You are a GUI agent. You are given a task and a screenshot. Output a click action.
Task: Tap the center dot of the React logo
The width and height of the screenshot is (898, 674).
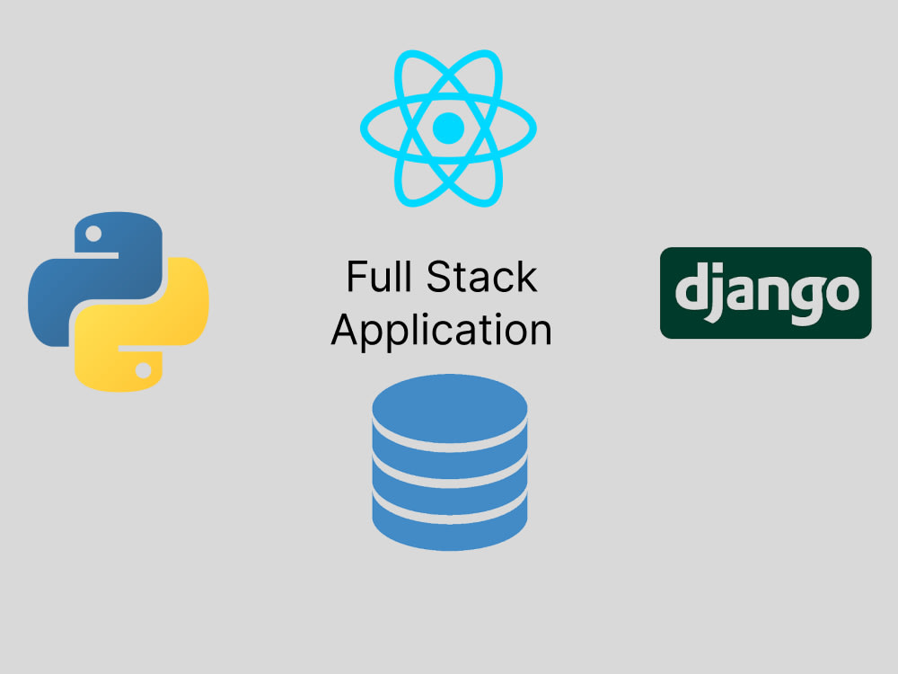tap(448, 128)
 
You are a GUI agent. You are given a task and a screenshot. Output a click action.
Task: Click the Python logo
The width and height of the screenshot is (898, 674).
tap(119, 301)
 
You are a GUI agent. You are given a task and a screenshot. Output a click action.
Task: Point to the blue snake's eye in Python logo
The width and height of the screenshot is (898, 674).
tap(93, 234)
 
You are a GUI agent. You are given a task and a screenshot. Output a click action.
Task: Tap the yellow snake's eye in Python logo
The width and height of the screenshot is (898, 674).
tap(143, 370)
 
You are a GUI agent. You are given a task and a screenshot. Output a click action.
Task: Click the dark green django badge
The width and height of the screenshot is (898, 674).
tap(766, 293)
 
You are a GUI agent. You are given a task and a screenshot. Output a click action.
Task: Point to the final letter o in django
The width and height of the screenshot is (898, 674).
tap(841, 293)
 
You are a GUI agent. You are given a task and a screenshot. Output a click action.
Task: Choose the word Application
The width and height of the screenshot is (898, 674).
tap(442, 332)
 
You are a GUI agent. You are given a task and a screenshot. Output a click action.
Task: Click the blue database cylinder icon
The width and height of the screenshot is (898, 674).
tap(450, 462)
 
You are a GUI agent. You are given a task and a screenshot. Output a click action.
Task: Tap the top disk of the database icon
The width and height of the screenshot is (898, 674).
tap(450, 408)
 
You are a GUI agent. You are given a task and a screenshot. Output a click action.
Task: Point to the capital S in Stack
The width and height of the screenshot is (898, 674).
tap(439, 276)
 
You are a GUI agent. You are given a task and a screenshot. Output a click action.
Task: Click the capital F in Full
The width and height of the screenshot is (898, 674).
tap(357, 276)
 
